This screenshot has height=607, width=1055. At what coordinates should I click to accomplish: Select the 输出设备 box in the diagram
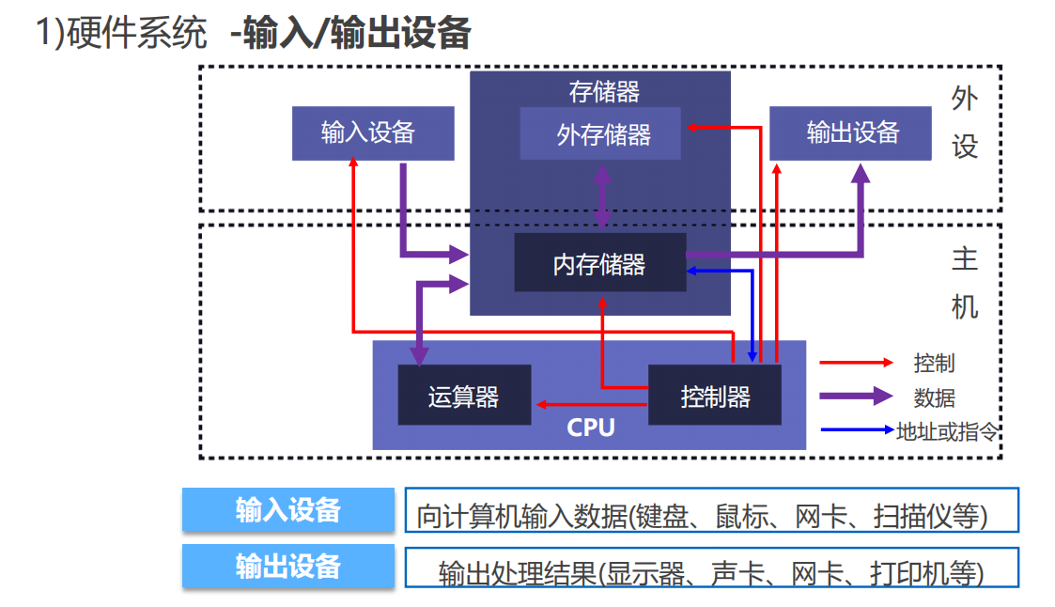851,132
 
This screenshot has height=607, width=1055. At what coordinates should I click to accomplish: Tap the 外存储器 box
601,134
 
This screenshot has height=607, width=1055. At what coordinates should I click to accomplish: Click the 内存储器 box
598,264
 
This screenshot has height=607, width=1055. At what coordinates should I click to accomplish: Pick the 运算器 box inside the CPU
463,397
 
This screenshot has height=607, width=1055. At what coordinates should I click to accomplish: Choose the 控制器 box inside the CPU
714,397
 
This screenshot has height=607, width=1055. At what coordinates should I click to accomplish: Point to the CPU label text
591,428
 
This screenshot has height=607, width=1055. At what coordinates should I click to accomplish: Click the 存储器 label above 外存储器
604,91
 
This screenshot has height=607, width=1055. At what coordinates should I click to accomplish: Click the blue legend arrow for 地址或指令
857,430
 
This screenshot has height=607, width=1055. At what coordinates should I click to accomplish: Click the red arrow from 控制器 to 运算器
591,404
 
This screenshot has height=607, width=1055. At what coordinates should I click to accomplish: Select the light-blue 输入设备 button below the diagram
287,510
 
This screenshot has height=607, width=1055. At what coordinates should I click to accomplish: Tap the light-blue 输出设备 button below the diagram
287,566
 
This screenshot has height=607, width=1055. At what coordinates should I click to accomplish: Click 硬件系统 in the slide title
137,35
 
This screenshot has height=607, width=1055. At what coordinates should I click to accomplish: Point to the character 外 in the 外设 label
965,99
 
